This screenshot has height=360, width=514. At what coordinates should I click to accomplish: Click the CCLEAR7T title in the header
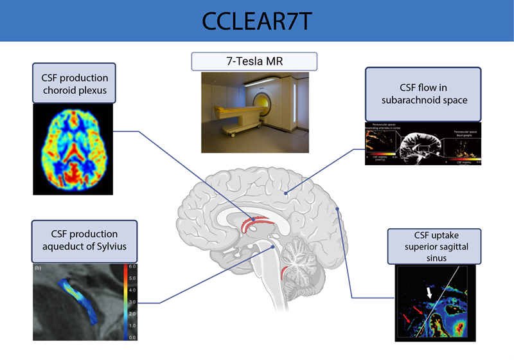[x=257, y=21]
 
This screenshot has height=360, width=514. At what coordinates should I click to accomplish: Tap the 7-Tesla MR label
[x=254, y=61]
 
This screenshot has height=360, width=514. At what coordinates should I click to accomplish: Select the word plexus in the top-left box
[x=93, y=90]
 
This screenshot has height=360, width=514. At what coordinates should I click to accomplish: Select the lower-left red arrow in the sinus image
[x=405, y=318]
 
